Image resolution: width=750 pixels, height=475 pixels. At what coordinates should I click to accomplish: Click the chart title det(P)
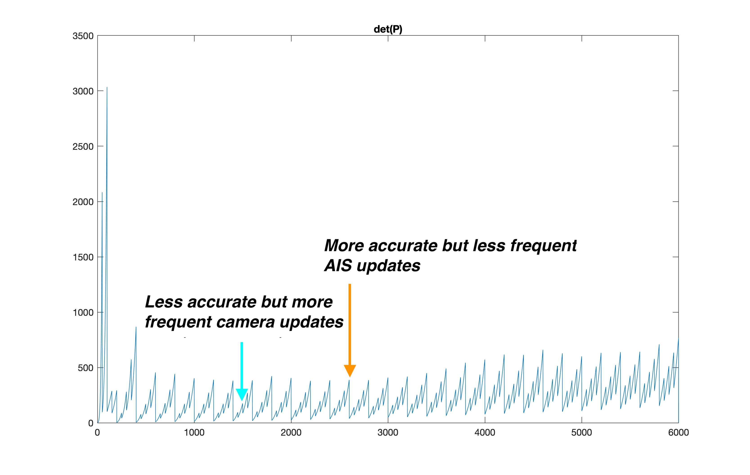(388, 29)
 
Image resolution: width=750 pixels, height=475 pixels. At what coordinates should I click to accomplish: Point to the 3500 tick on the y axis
(83, 36)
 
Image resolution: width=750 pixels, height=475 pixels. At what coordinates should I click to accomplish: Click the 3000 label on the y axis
(83, 91)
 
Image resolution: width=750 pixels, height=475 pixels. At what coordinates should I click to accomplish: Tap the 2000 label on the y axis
(83, 202)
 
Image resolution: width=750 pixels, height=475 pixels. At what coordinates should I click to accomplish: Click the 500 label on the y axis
(85, 368)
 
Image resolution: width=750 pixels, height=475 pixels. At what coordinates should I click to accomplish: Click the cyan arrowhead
(242, 394)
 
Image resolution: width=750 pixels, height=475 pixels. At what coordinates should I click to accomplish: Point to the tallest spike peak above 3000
(107, 88)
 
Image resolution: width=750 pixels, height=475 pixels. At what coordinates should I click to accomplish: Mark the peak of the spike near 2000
(102, 193)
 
